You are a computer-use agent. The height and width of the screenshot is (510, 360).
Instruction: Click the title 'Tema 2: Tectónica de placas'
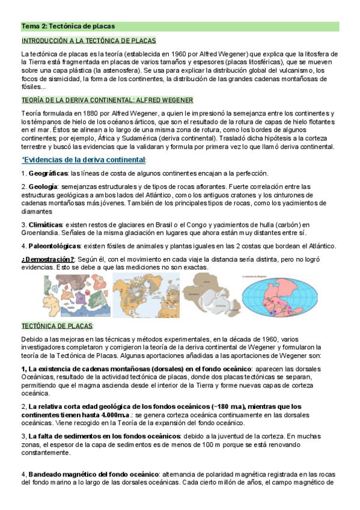tap(68, 26)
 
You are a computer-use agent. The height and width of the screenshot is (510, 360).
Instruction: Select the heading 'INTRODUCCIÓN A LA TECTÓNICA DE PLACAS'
tap(88, 41)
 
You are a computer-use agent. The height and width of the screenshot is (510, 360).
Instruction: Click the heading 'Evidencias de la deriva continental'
tap(85, 159)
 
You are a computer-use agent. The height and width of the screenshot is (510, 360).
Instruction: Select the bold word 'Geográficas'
tap(49, 173)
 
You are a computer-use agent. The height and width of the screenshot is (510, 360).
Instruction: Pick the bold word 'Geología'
tap(43, 187)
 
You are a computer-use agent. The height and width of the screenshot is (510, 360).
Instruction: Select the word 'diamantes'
tap(37, 211)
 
